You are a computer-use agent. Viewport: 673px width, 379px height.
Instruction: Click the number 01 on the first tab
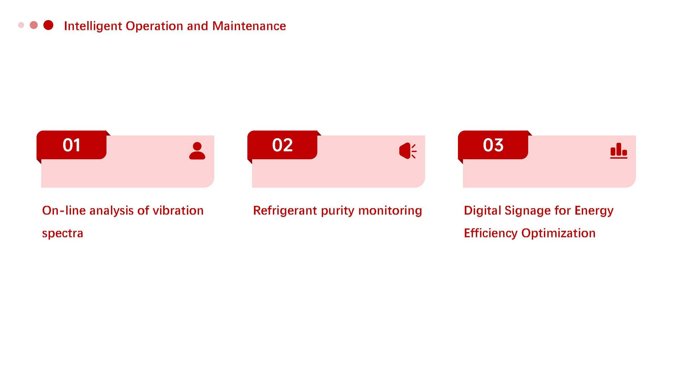click(x=72, y=145)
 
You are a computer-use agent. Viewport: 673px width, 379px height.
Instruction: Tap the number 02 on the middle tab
click(x=282, y=145)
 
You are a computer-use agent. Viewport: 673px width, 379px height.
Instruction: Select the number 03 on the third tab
click(x=493, y=145)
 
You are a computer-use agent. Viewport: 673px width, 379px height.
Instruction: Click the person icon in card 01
click(x=197, y=151)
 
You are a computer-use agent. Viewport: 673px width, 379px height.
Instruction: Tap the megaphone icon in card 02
click(x=408, y=151)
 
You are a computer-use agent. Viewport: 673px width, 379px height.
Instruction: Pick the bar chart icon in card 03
click(x=619, y=151)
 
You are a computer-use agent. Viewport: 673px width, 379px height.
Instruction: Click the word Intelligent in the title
click(x=93, y=26)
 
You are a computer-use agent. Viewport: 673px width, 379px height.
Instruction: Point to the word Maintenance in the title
click(x=249, y=26)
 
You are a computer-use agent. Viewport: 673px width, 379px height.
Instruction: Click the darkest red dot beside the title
click(x=48, y=25)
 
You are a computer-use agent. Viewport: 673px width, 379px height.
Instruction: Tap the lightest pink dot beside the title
click(x=21, y=25)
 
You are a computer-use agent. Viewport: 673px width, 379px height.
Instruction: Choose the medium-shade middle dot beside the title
click(x=34, y=25)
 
